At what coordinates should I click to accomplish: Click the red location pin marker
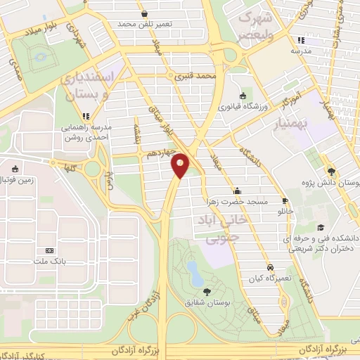tap(181, 166)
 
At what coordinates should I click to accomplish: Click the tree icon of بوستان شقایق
tap(206, 290)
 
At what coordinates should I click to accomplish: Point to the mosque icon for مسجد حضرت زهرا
tap(238, 191)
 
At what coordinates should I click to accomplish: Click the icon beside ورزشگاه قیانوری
tap(243, 96)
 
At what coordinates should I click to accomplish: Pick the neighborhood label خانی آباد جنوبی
tap(224, 229)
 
